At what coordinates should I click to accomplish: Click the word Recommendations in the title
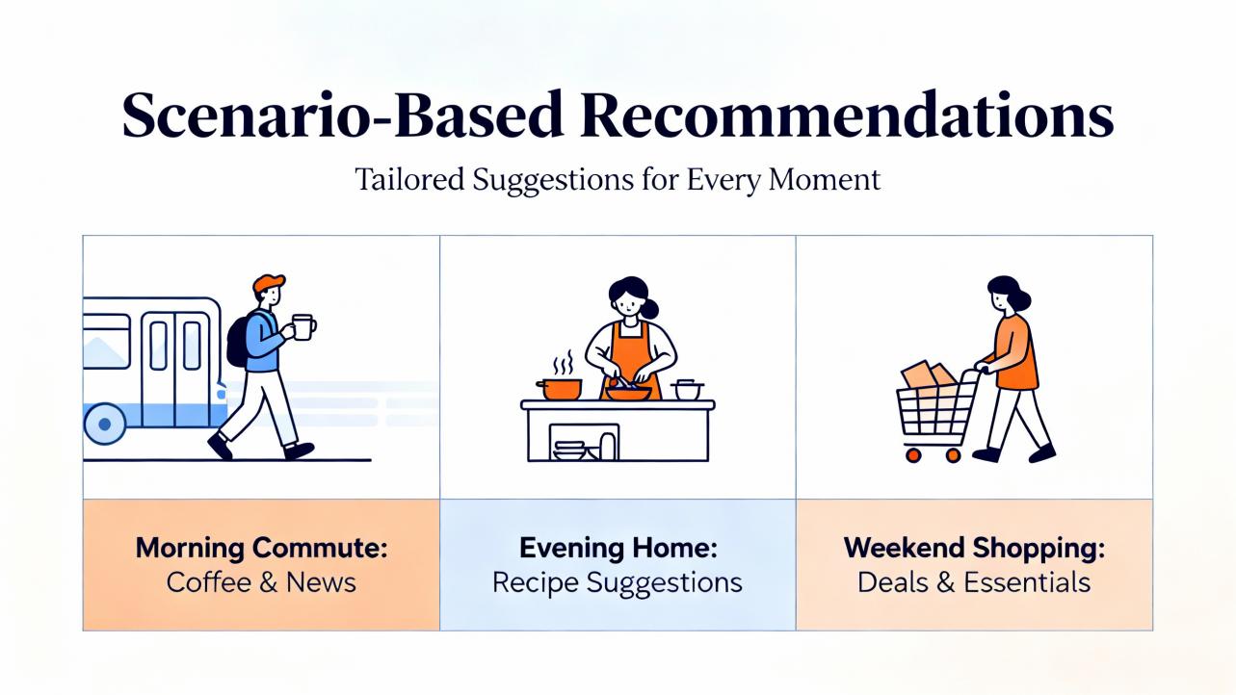point(847,115)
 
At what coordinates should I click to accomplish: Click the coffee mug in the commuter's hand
point(303,327)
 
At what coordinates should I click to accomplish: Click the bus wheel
point(104,424)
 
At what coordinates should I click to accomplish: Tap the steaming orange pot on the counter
point(559,389)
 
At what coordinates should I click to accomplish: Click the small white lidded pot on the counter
point(687,389)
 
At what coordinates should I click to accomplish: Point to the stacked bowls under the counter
point(570,450)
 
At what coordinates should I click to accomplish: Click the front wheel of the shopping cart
point(913,455)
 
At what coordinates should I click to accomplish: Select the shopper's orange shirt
point(1014,352)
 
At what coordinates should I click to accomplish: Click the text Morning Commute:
point(261,548)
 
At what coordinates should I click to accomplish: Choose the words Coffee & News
point(261,582)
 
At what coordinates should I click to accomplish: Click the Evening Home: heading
point(618,548)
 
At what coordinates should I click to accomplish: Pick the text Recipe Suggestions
point(618,583)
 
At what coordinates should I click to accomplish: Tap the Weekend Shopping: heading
point(975,548)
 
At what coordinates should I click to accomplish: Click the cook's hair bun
point(650,309)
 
